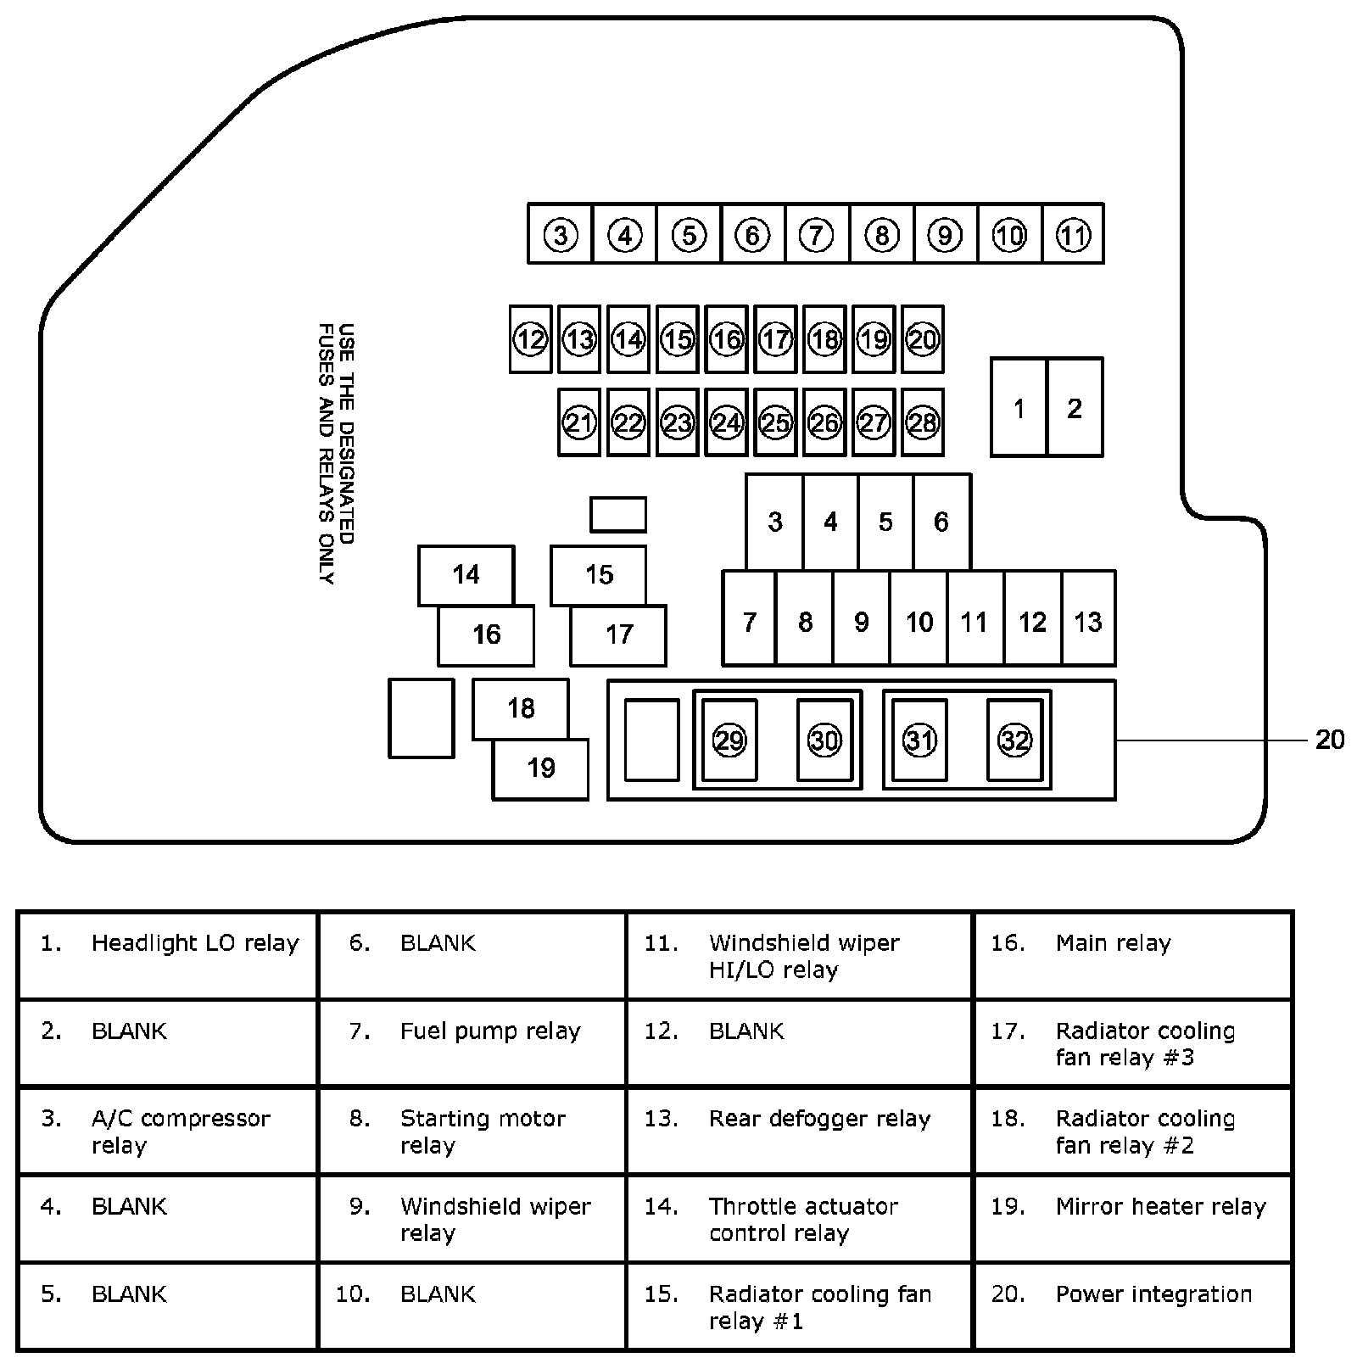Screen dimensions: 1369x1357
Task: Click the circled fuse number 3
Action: tap(561, 235)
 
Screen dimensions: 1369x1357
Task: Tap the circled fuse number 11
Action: tap(1073, 235)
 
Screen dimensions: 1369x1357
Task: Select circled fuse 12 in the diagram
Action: tap(531, 340)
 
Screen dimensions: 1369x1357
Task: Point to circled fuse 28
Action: tap(923, 422)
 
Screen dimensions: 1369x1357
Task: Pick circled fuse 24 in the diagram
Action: tap(727, 422)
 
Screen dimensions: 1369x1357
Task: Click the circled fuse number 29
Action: tap(729, 740)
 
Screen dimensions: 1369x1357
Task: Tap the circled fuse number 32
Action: tap(1014, 740)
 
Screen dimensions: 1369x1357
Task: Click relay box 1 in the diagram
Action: tap(1019, 409)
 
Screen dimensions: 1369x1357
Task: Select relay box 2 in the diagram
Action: tap(1075, 409)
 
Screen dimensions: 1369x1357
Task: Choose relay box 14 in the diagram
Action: tap(466, 575)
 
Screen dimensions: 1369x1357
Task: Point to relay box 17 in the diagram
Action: tap(619, 634)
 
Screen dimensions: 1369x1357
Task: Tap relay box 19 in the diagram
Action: tap(541, 768)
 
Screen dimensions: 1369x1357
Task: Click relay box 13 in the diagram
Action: tap(1088, 623)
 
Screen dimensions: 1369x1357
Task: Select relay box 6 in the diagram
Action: tap(941, 522)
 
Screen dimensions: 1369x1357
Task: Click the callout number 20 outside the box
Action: tap(1329, 740)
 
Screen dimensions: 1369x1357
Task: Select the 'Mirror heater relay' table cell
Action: tap(1133, 1218)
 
